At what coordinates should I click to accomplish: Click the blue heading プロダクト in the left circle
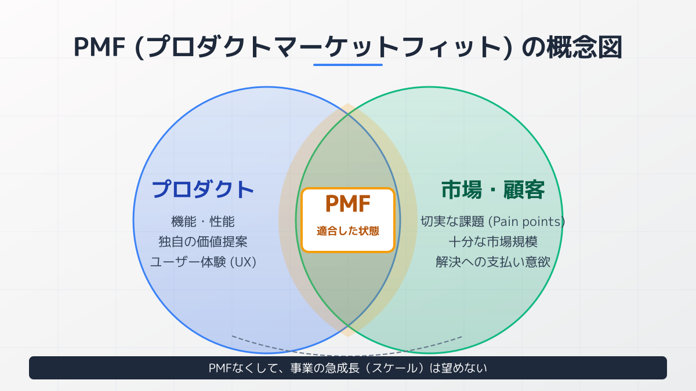tap(203, 189)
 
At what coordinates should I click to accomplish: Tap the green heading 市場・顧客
tap(493, 189)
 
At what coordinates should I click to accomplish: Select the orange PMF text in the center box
tap(348, 204)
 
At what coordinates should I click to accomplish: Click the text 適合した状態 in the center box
tap(348, 231)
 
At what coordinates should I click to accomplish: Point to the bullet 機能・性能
tap(203, 221)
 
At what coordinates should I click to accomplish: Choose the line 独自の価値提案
tap(203, 242)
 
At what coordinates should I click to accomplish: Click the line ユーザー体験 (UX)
tap(203, 262)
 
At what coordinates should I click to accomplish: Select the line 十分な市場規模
tap(493, 242)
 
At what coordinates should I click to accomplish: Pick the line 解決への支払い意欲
tap(493, 262)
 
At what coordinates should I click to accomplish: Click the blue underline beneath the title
tap(348, 65)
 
